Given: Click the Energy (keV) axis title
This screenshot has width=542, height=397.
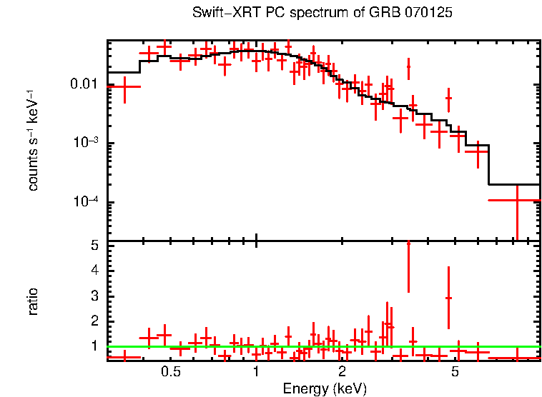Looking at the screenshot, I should [325, 389].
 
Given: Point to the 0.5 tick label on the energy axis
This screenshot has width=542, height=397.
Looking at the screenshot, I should [170, 372].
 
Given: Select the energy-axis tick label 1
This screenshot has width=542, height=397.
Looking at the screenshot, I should [256, 372].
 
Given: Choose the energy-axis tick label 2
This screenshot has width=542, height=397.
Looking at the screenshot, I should [343, 372].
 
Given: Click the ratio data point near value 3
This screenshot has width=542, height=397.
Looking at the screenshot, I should [448, 298].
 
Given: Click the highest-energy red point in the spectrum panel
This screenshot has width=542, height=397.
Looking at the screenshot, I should [516, 200].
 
